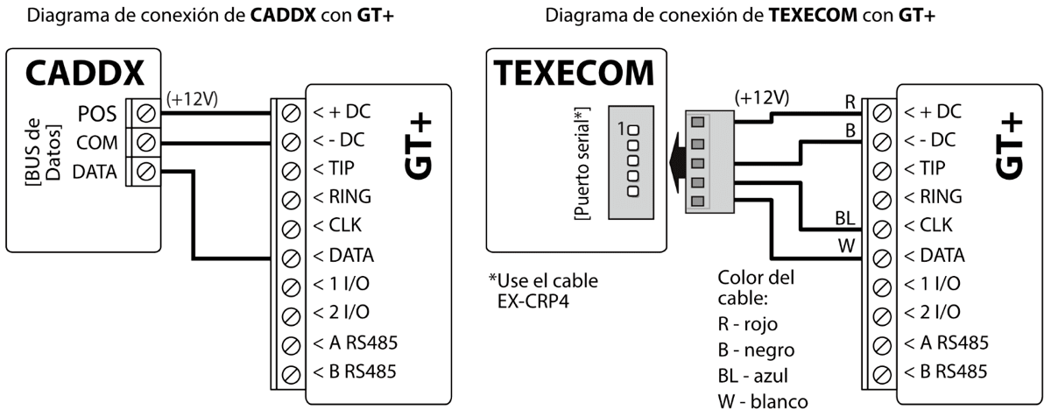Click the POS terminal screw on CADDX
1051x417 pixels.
pyautogui.click(x=146, y=113)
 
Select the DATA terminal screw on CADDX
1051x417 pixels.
pyautogui.click(x=146, y=171)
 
